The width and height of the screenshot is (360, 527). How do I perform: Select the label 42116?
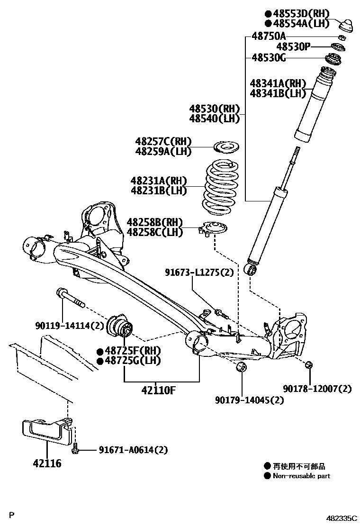[47, 463]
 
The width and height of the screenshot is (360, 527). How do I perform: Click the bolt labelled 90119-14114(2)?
[70, 298]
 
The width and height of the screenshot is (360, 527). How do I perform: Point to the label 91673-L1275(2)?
[199, 272]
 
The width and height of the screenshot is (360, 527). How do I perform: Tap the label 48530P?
[294, 46]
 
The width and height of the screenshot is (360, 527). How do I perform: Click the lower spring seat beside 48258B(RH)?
[214, 228]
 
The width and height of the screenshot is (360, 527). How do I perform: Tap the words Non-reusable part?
[301, 476]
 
